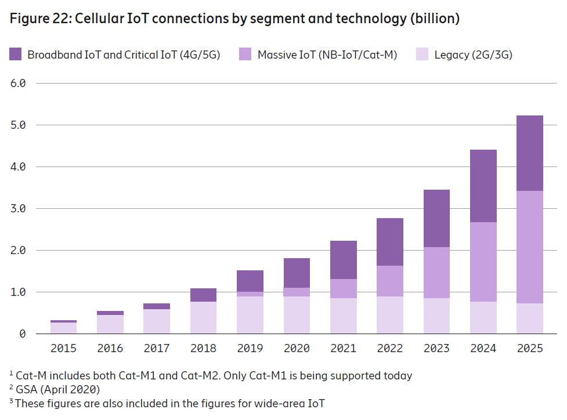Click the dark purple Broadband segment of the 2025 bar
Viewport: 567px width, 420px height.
530,153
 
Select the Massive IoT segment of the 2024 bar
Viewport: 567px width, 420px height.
483,262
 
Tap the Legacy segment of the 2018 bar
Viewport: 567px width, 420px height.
203,317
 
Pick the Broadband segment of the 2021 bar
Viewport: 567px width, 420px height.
344,260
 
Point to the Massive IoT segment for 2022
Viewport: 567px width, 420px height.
390,281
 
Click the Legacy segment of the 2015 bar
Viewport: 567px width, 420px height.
63,328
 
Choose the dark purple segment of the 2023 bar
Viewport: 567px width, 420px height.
436,218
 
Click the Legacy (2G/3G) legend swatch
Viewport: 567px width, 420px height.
422,55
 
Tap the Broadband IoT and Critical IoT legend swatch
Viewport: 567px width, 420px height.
16,55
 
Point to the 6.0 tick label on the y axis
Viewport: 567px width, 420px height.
19,83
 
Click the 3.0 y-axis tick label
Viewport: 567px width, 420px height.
19,208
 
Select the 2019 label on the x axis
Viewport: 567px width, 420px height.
250,349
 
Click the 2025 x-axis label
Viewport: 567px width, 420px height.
530,349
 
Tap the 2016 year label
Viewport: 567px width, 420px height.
110,349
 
